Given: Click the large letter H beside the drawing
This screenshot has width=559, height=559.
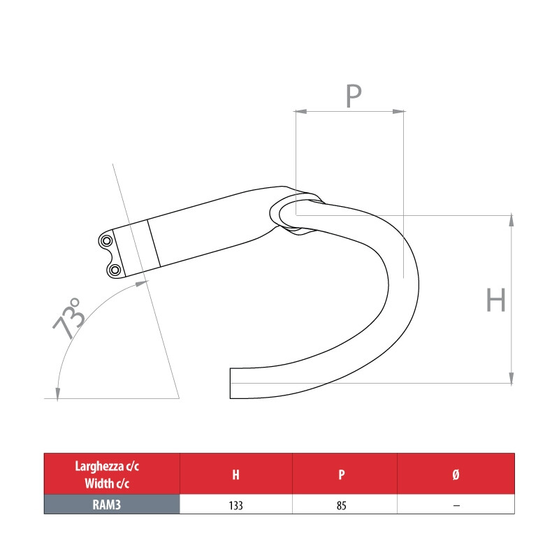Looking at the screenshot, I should pos(495,301).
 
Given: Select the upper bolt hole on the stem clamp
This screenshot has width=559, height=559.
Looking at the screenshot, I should pos(107,241).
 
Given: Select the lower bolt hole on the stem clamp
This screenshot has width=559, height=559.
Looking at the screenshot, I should pos(114,270).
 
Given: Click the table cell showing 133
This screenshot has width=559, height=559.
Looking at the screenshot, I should pos(235,504).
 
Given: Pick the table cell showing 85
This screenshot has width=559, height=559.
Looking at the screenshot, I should pos(342,504).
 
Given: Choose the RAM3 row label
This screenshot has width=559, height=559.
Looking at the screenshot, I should pos(111,504).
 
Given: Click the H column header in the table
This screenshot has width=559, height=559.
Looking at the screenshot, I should pos(235,474).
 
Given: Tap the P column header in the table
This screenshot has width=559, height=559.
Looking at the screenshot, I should pos(342,474).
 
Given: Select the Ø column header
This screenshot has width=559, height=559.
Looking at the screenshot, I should pos(456,474).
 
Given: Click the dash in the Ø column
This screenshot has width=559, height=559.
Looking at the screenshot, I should pos(456,504).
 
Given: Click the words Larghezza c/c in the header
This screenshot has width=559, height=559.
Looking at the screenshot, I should pos(111,467).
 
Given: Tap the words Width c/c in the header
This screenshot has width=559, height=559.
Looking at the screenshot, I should pos(111,482).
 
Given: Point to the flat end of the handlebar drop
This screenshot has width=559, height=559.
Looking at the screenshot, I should pos(231,383).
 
